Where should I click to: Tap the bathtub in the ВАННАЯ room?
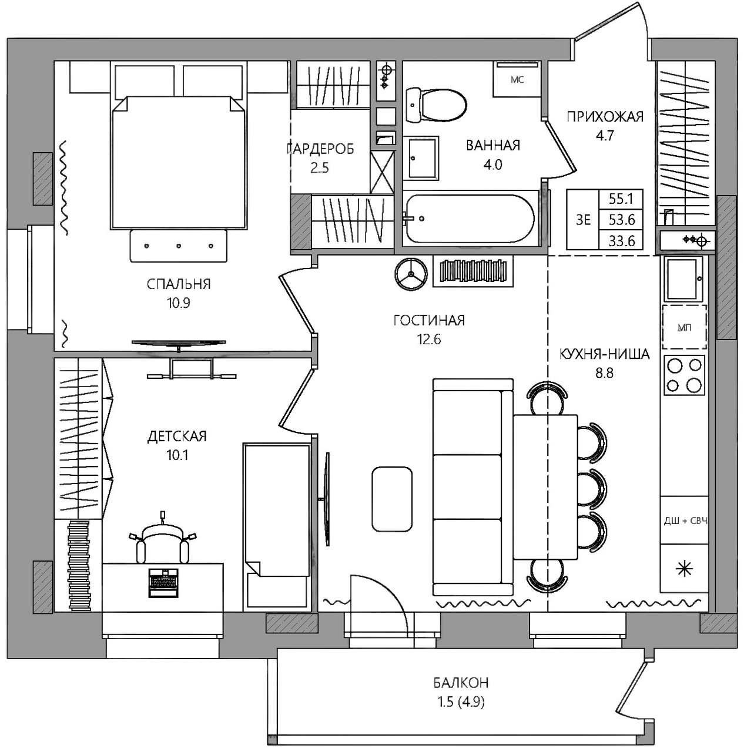click(x=470, y=219)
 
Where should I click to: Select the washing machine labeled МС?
click(x=517, y=79)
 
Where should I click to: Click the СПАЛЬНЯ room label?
click(x=179, y=284)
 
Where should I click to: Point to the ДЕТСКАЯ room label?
click(x=177, y=436)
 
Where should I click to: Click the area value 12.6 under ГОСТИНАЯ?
click(x=429, y=340)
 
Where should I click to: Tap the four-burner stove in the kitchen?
click(x=684, y=375)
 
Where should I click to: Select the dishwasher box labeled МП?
click(x=684, y=327)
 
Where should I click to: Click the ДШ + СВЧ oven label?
click(x=686, y=521)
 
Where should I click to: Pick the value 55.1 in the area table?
click(x=621, y=199)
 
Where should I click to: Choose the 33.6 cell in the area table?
click(x=621, y=241)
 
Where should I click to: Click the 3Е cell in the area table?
click(x=583, y=220)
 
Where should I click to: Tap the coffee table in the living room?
click(x=392, y=499)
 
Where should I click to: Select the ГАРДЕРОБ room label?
click(x=320, y=149)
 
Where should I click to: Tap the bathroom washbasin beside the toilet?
click(x=420, y=158)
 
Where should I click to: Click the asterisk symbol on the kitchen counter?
click(x=684, y=569)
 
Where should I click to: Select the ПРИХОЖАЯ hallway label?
click(x=605, y=117)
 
